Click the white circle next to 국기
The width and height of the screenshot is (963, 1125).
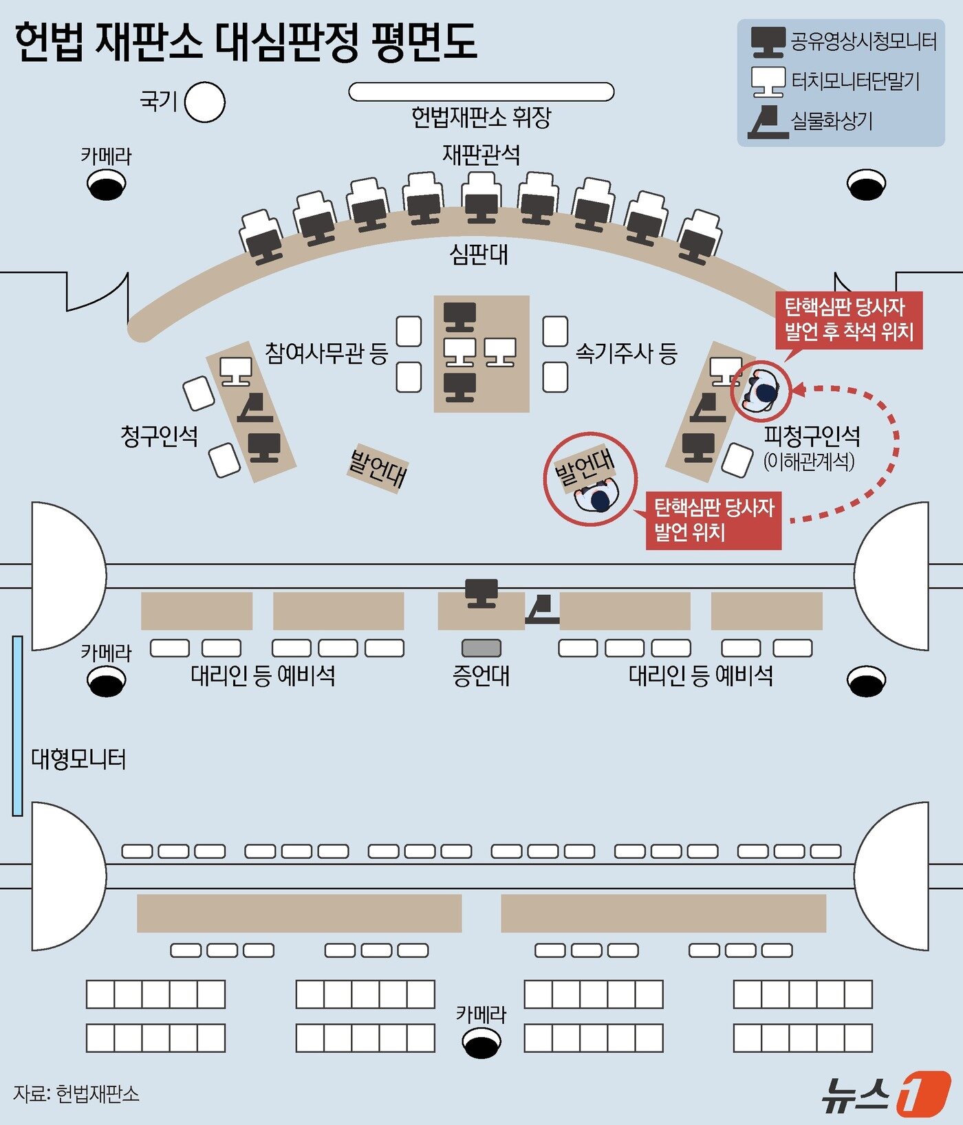pos(204,102)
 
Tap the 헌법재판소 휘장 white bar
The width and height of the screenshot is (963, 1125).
pos(481,91)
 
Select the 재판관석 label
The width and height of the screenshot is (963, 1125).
pos(481,154)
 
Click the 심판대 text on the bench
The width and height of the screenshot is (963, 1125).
pos(479,254)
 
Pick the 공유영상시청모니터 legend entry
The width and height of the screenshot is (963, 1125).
pos(844,42)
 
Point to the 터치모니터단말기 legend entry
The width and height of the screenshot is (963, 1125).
pos(836,82)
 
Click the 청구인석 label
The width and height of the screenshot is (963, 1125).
pos(159,436)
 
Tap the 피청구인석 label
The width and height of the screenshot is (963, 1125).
pos(812,436)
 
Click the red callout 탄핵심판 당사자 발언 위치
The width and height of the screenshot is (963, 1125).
pos(713,520)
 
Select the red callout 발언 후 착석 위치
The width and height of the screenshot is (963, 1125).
pos(850,320)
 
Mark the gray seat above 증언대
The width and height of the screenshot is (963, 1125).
pos(481,648)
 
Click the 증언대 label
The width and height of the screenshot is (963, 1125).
pos(481,675)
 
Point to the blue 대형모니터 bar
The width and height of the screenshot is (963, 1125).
pos(17,725)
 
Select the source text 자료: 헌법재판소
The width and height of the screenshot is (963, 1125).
pos(76,1093)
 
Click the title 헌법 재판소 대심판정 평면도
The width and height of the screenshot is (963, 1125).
pos(246,43)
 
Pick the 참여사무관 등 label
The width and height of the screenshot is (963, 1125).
pos(327,353)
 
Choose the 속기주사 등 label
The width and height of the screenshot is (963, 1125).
pos(626,353)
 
